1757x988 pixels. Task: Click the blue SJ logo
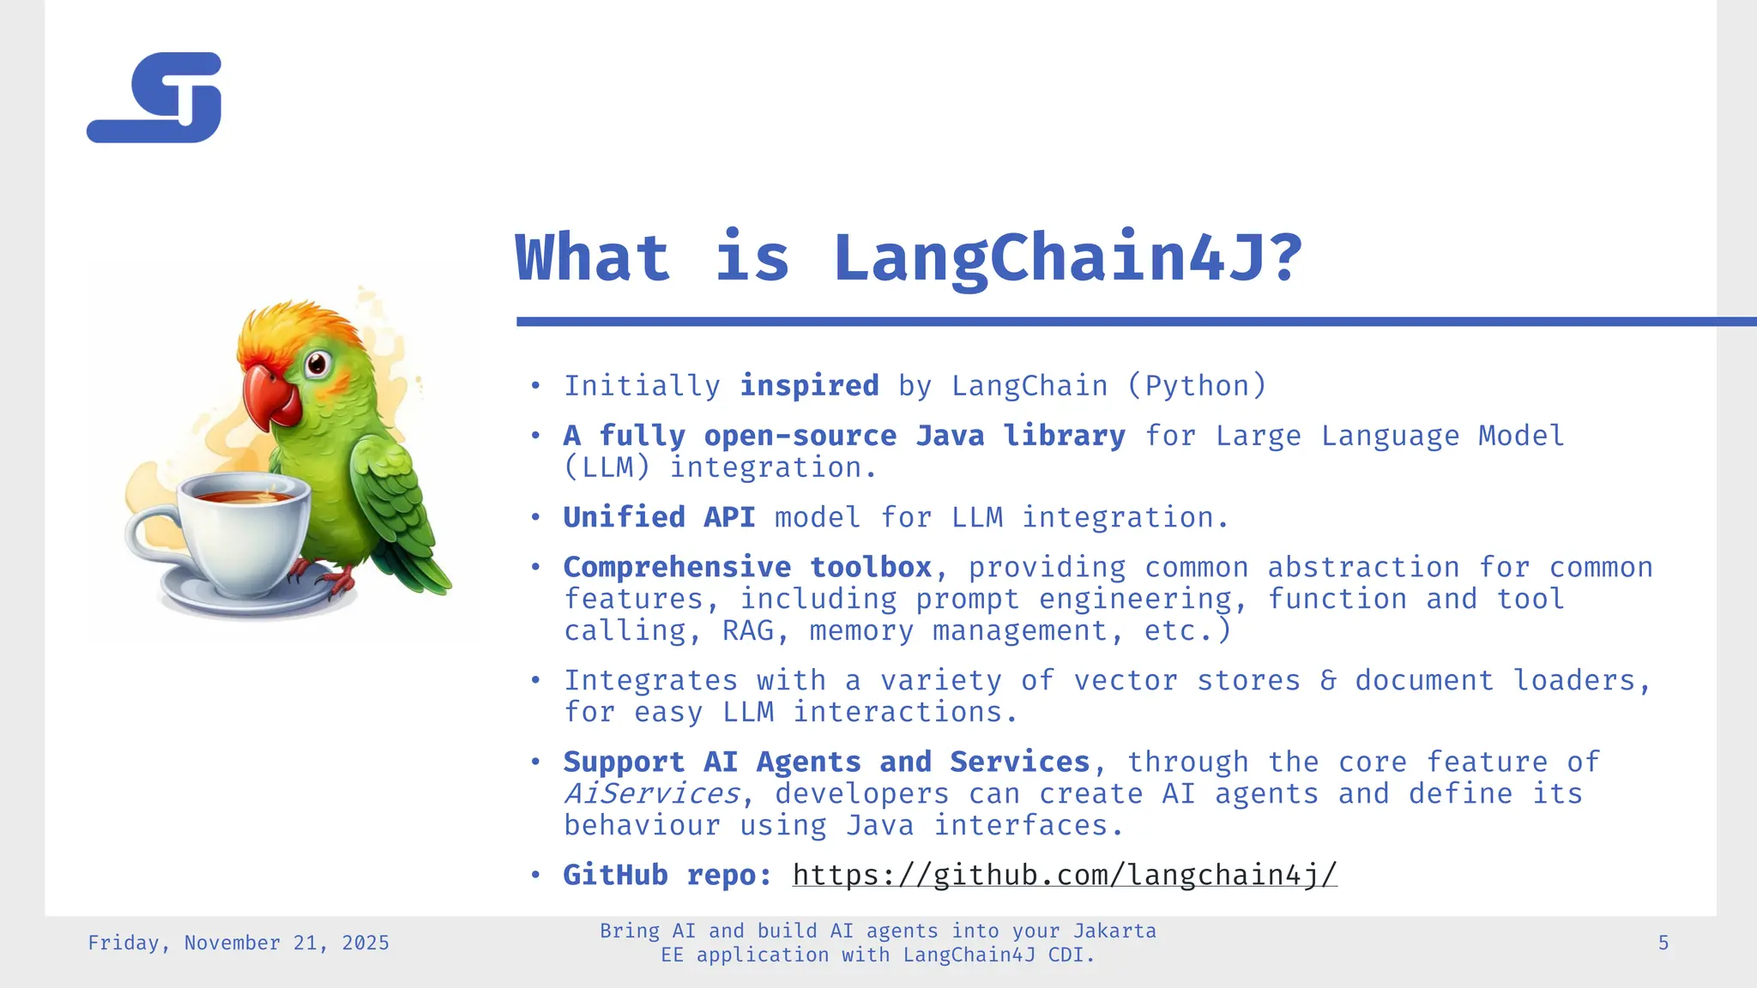(155, 98)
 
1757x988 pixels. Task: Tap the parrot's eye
(317, 363)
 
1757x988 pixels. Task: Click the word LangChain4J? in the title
(1067, 257)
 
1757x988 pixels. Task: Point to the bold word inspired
(809, 386)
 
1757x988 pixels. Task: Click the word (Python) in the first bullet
(1197, 386)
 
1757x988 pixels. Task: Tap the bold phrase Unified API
(659, 517)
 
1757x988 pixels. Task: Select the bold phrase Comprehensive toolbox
(747, 567)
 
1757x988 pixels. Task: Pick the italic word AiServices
(651, 793)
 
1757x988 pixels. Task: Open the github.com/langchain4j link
(1065, 875)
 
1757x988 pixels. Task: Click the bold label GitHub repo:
(667, 875)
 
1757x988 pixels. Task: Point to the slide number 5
(1663, 943)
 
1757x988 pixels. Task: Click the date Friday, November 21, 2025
(238, 943)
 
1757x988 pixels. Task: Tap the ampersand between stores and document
(1327, 680)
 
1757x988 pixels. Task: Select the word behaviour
(642, 825)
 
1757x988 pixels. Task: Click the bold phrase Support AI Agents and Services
(826, 762)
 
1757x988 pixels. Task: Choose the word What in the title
(592, 257)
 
